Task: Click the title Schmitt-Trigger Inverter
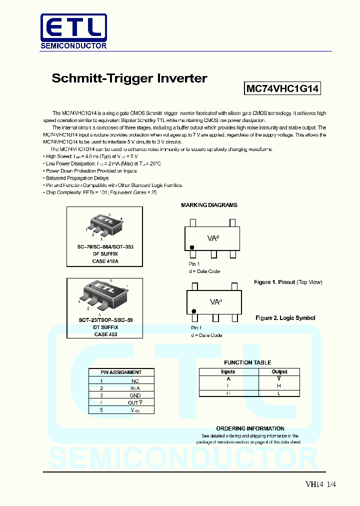(129, 78)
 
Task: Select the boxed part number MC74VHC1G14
(282, 89)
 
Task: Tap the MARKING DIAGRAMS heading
(209, 205)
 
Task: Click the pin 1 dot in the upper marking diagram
(191, 247)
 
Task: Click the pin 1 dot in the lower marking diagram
(193, 311)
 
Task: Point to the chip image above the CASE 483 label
(104, 294)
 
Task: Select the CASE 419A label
(105, 261)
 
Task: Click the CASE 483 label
(105, 334)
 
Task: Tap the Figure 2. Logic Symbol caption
(285, 318)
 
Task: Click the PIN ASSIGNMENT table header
(121, 372)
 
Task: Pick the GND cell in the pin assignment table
(135, 395)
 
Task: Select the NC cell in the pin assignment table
(135, 381)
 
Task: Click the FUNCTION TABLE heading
(247, 362)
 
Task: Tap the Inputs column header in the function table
(228, 371)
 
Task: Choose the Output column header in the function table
(279, 371)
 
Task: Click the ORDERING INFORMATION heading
(250, 428)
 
